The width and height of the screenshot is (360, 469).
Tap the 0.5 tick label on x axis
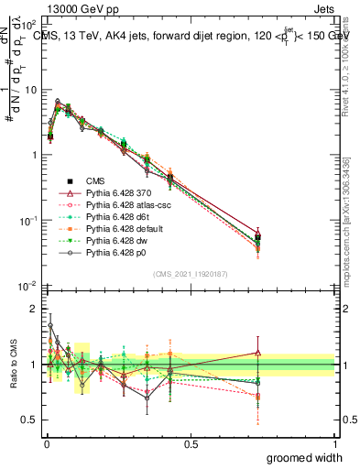[x=191, y=444]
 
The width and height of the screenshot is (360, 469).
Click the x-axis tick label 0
[x=46, y=444]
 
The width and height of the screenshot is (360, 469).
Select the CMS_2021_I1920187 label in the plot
[x=190, y=273]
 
